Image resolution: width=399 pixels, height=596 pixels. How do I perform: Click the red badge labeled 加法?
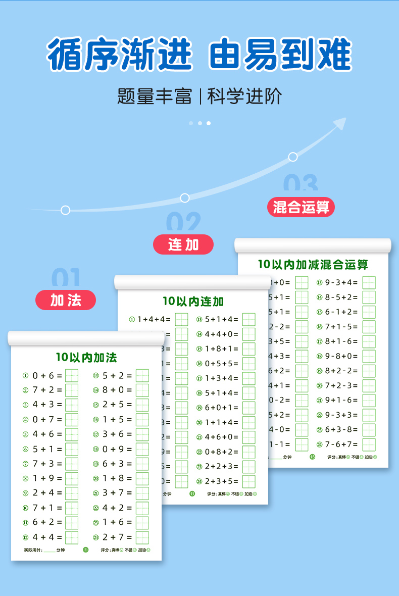tap(66, 300)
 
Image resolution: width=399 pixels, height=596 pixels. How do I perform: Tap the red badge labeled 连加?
tap(183, 244)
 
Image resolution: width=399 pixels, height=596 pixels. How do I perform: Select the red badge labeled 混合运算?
tap(301, 207)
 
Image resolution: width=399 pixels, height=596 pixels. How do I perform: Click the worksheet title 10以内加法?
tap(86, 358)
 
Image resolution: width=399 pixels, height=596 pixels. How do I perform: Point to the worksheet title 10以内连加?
tap(193, 302)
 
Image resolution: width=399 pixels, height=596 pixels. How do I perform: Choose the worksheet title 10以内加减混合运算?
tap(313, 264)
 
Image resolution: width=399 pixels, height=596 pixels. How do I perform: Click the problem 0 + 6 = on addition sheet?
tap(47, 375)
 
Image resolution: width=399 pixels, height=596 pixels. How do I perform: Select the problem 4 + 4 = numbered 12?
tap(47, 537)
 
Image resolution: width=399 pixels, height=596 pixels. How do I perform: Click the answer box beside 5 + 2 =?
tap(142, 376)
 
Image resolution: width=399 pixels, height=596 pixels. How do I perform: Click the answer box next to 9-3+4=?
tap(369, 283)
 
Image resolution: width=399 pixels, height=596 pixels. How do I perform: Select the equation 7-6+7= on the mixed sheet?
tap(341, 444)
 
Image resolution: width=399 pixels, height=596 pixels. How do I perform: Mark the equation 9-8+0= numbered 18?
tap(341, 356)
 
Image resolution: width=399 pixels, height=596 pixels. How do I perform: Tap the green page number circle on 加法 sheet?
tap(85, 550)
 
